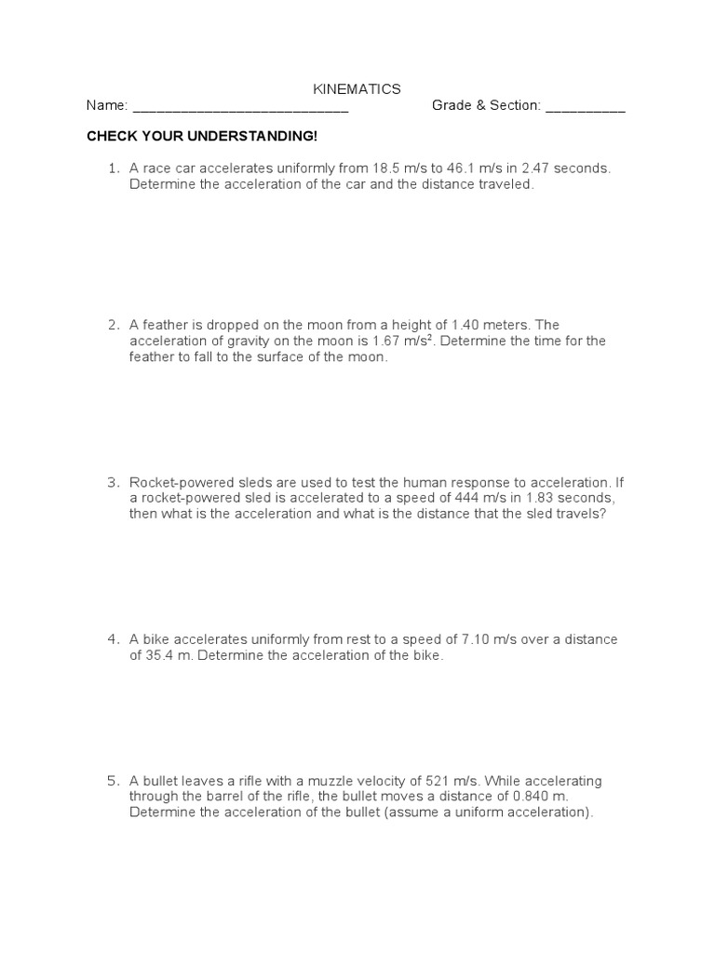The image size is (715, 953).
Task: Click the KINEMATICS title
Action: tap(357, 89)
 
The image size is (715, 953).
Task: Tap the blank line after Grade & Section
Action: tap(585, 108)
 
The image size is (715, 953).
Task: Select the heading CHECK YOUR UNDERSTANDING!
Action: tap(202, 137)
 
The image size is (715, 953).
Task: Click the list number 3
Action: tap(113, 482)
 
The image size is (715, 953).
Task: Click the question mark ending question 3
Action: tap(602, 514)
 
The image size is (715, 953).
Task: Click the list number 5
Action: tap(113, 780)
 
